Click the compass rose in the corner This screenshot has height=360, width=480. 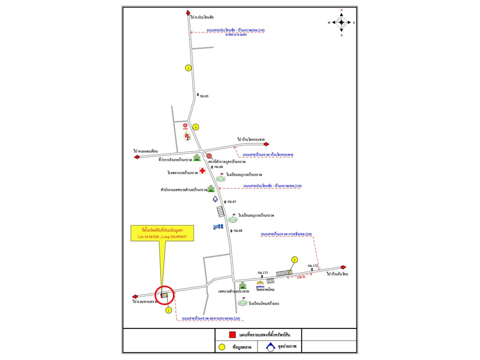click(x=341, y=22)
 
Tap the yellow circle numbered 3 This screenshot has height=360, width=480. click(x=188, y=68)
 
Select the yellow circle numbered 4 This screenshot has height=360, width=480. click(x=196, y=127)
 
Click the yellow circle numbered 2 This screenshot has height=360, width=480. click(x=294, y=259)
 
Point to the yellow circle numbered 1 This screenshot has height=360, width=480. click(x=168, y=310)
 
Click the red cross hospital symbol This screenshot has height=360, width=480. click(x=202, y=171)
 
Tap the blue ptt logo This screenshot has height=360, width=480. click(x=218, y=227)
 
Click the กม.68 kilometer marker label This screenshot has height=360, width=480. click(x=237, y=230)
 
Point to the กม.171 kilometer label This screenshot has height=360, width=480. click(x=263, y=272)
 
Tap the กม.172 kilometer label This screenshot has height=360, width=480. click(x=313, y=265)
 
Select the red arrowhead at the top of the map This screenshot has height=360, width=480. click(x=188, y=13)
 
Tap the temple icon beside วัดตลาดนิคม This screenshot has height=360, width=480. click(x=260, y=283)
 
